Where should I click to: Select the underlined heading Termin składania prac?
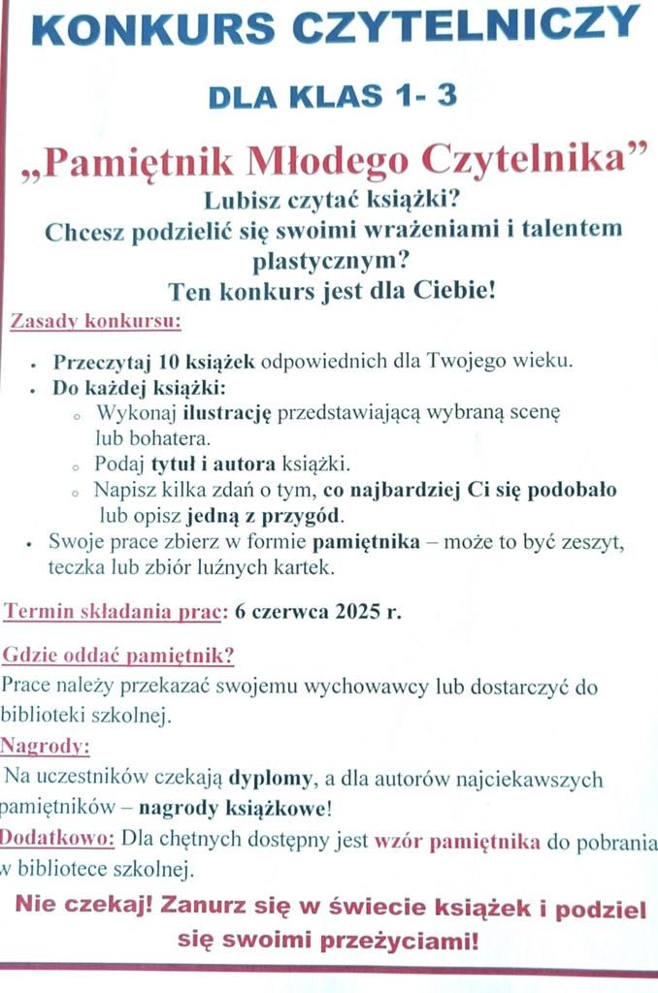[x=115, y=613]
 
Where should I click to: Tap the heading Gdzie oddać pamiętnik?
[x=119, y=656]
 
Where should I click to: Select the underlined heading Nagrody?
[x=46, y=747]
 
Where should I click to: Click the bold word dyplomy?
[x=271, y=778]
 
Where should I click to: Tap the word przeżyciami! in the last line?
[x=418, y=940]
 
